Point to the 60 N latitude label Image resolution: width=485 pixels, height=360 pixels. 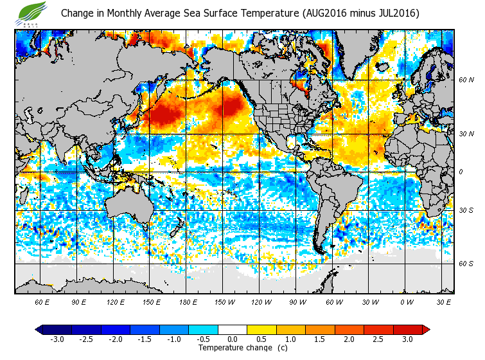pyautogui.click(x=466, y=80)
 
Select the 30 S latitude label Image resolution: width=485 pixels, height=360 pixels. pyautogui.click(x=466, y=210)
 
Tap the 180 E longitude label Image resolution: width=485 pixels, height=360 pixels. pyautogui.click(x=188, y=301)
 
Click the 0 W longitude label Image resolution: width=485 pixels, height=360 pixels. pyautogui.click(x=407, y=301)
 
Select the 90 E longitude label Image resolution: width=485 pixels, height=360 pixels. pyautogui.click(x=79, y=301)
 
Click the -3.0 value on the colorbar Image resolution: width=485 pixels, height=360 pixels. pyautogui.click(x=56, y=339)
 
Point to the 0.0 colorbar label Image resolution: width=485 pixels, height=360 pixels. pyautogui.click(x=233, y=339)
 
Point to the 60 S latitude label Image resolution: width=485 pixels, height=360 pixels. pyautogui.click(x=466, y=264)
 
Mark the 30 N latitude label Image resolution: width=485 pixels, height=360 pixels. pyautogui.click(x=466, y=133)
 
